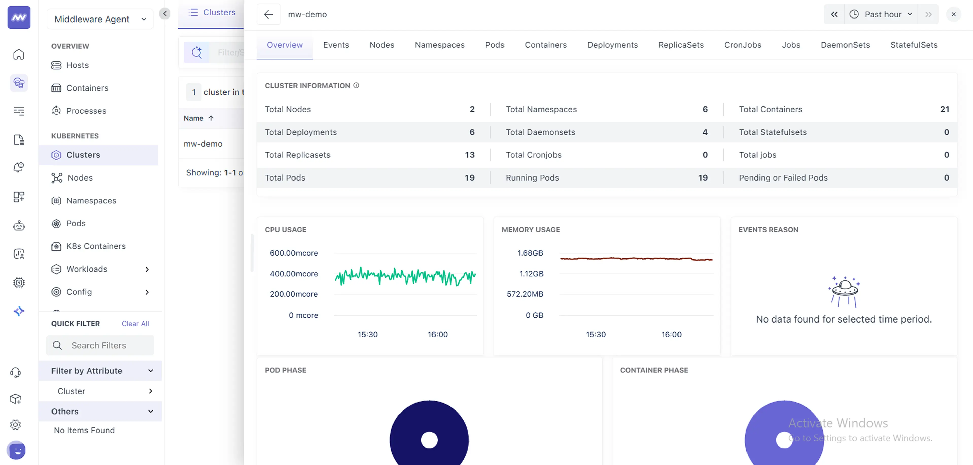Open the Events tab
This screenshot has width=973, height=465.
tap(336, 45)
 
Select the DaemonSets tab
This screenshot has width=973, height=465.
tap(845, 45)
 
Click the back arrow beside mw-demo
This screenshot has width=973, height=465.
tap(268, 14)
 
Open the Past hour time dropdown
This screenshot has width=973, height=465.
tap(881, 14)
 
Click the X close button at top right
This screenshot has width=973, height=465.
tap(953, 14)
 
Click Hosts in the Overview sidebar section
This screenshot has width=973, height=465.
tap(77, 65)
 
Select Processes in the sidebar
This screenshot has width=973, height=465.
tap(86, 111)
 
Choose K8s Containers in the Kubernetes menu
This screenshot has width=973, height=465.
tap(96, 246)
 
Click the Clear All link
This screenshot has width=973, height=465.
tap(135, 324)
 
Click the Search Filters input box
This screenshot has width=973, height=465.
tap(100, 345)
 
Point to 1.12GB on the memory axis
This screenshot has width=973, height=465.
tap(531, 274)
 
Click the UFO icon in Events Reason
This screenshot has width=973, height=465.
tap(845, 291)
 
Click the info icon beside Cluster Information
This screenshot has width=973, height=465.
tap(356, 86)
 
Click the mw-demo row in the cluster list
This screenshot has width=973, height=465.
tap(203, 144)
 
